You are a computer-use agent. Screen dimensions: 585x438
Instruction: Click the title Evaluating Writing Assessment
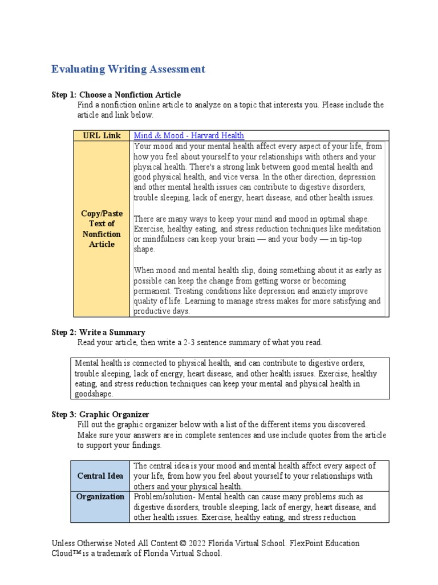tap(128, 69)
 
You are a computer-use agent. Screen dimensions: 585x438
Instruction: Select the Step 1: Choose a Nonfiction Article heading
tap(116, 94)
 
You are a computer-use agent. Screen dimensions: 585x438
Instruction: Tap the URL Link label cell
tap(102, 135)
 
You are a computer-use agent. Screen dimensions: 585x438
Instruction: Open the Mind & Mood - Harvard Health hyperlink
tap(189, 135)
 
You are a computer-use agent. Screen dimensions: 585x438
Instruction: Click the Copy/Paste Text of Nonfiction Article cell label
tap(102, 229)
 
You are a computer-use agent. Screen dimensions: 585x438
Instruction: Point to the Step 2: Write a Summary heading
tap(98, 332)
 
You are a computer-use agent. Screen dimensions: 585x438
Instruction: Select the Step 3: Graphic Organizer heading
tap(100, 414)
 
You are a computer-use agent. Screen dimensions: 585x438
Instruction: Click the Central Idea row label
tap(100, 475)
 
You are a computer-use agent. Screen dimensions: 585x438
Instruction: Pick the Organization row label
tap(100, 496)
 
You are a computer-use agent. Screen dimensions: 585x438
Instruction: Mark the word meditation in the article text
tap(362, 229)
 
